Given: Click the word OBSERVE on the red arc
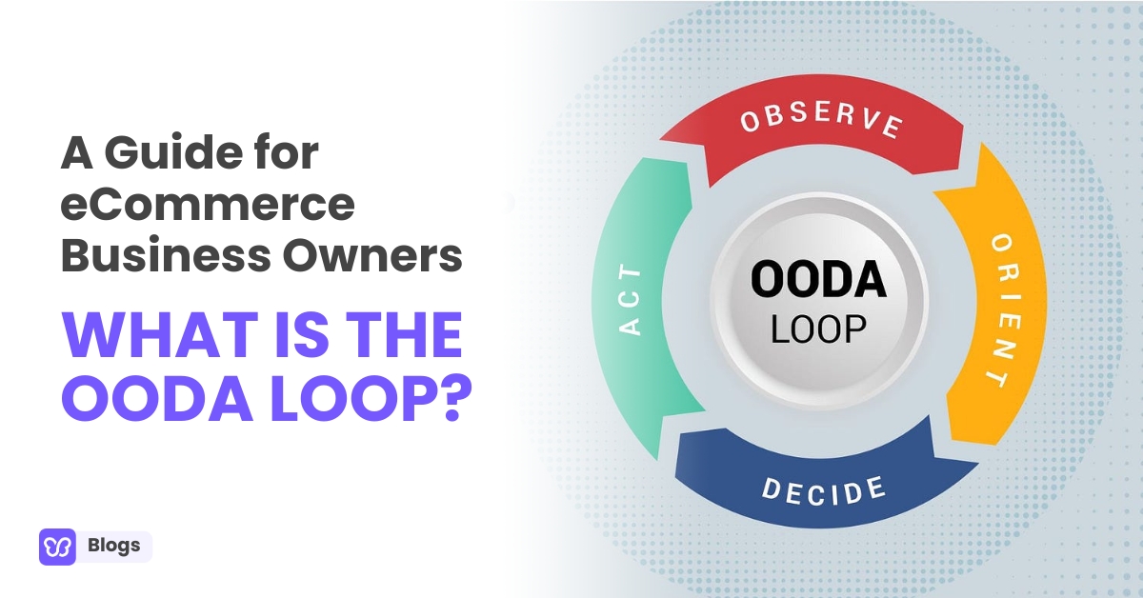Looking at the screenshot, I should (820, 123).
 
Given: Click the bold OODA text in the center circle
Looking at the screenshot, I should (818, 279).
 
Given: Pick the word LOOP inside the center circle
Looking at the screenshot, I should (818, 329).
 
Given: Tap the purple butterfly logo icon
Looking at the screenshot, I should (57, 547).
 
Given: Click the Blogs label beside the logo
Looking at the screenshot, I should (113, 547).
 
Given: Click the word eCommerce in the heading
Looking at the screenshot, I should (208, 206).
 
